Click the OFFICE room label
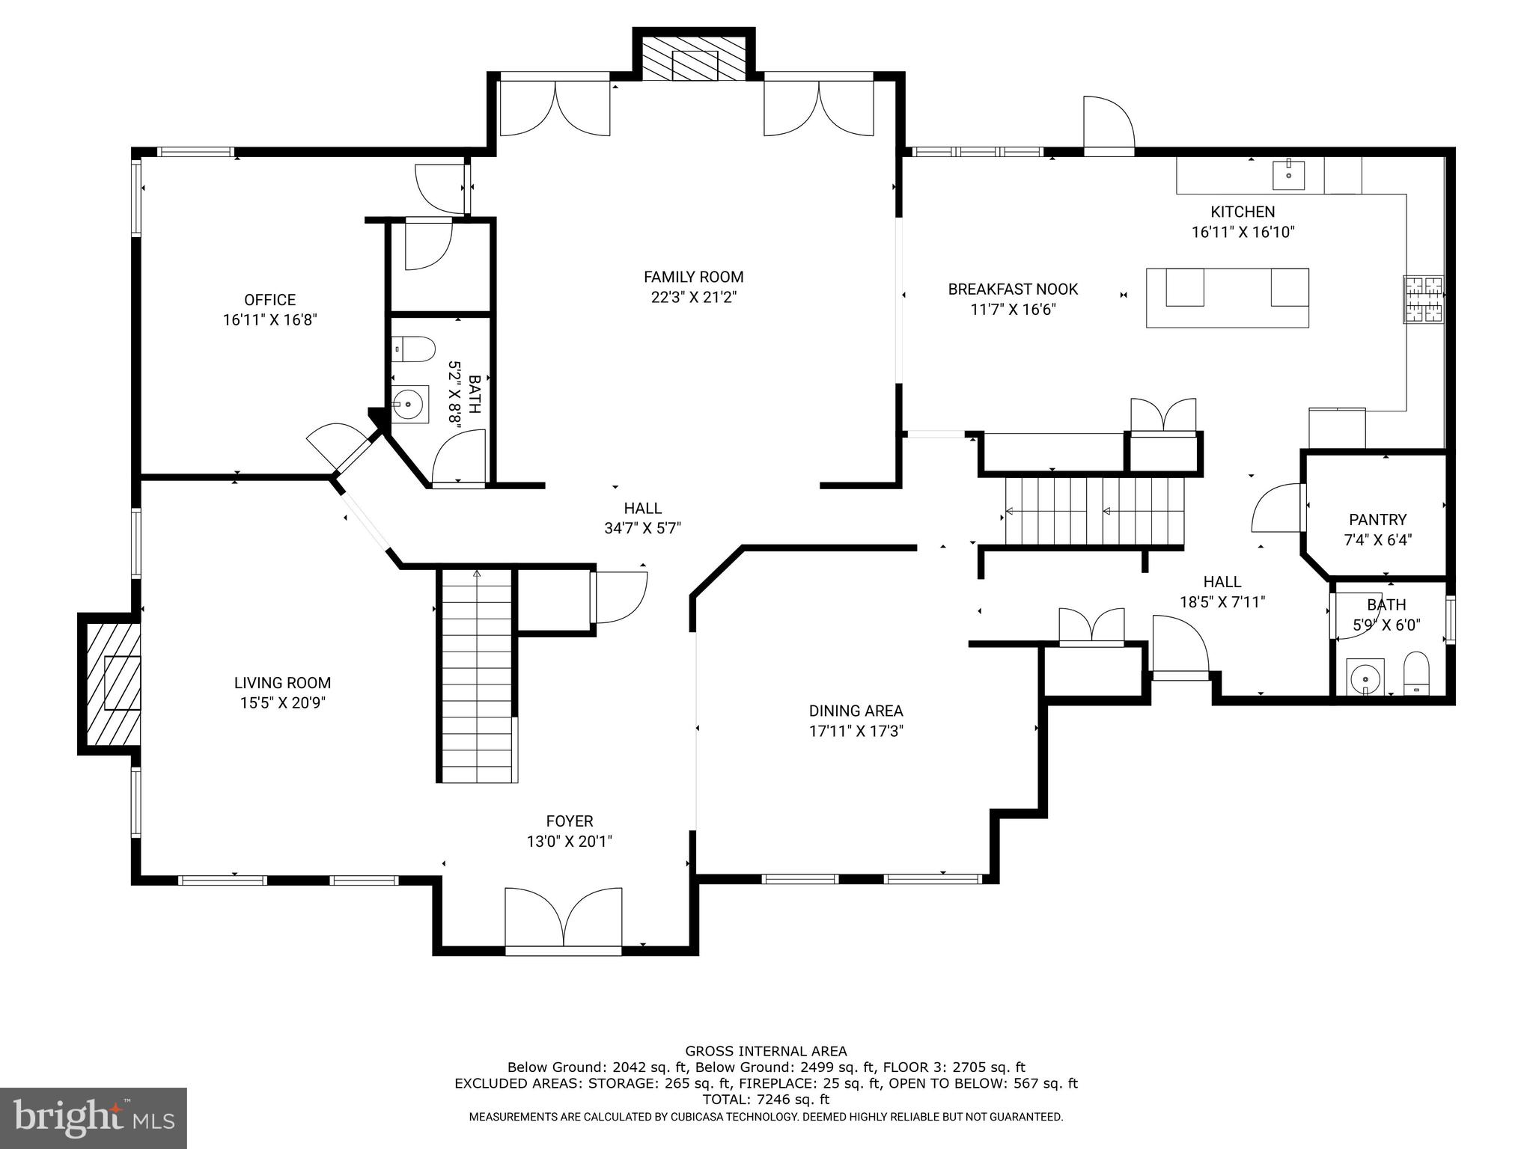[269, 300]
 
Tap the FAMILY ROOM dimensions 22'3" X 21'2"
[694, 297]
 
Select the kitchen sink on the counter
[1288, 175]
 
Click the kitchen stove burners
[1423, 300]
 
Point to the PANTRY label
[1377, 519]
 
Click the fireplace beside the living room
[110, 683]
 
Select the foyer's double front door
[564, 920]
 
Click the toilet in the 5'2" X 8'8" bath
[413, 349]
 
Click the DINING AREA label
[856, 711]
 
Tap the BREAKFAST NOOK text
[1013, 289]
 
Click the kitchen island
[1228, 298]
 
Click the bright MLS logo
[94, 1118]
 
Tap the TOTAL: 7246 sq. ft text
[766, 1100]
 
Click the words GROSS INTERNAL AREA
[766, 1051]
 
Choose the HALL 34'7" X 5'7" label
[642, 518]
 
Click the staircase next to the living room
[477, 675]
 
